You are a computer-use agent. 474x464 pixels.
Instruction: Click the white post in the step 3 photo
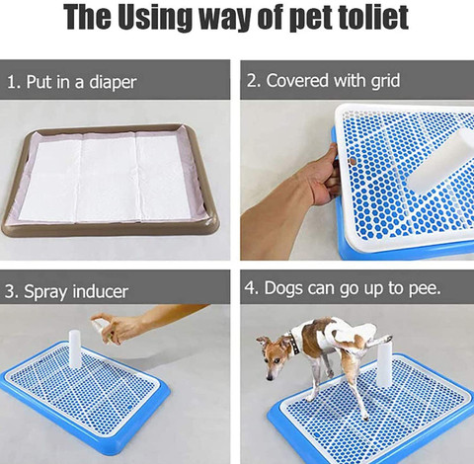75,348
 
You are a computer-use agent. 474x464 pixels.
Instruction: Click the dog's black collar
292,343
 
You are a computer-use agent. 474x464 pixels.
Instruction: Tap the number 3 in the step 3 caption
11,292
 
